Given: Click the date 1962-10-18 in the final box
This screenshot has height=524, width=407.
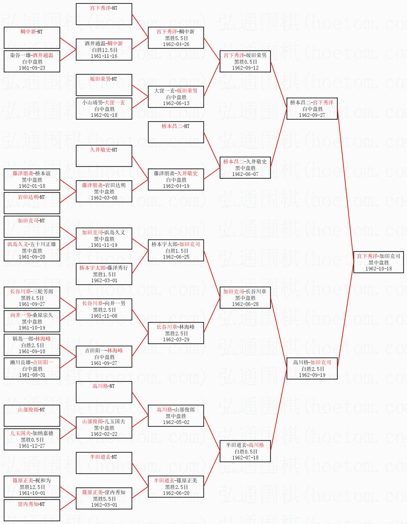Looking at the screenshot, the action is coord(378,269).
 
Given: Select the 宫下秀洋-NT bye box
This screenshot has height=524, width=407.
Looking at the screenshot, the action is coord(104,14).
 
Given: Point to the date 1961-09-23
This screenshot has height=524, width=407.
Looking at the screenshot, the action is coord(32,68).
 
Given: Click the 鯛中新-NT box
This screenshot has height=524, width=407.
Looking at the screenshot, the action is coord(32,38).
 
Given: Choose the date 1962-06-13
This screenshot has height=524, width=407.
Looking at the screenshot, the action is coord(176,103).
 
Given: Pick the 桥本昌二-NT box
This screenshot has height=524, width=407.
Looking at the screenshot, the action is coord(176,132).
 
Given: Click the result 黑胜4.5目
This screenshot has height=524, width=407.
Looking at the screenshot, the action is coord(32,298).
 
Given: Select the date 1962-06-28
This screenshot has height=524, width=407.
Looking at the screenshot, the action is coord(245,304).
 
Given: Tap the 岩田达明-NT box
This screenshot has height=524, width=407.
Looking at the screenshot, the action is coord(32,203).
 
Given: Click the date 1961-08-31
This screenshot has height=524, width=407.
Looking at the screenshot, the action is coord(32,375).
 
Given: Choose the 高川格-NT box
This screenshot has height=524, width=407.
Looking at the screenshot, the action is coord(104,392).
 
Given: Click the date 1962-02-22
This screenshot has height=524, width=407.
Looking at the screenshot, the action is coord(104,434).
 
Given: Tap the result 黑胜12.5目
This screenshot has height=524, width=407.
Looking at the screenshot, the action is coord(32,487).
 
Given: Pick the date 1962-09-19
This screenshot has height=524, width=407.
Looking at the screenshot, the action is coord(312,375).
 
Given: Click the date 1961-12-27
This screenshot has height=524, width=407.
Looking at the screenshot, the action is coord(32,446).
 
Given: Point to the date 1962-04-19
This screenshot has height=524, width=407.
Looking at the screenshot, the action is coord(176,186).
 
